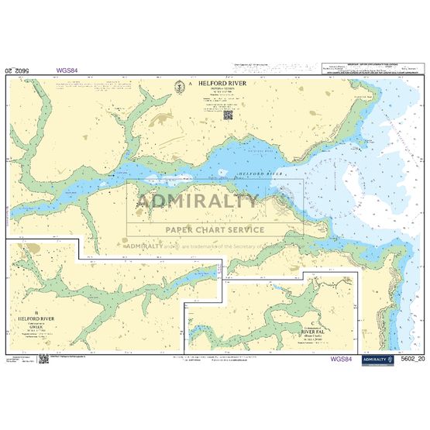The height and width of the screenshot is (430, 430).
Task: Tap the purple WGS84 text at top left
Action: point(66,70)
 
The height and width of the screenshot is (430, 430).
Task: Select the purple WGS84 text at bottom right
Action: point(342,359)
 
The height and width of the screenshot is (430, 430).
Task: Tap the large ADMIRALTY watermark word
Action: point(198,202)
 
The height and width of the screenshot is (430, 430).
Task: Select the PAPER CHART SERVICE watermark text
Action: point(215,229)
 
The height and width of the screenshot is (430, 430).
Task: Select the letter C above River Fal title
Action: point(312,322)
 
